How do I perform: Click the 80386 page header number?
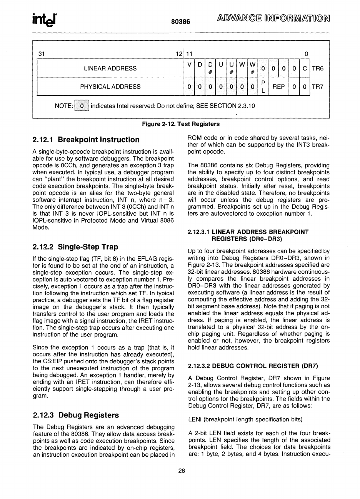coord(180,22)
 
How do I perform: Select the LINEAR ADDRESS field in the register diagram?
coord(110,68)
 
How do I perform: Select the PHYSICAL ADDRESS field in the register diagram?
coord(110,86)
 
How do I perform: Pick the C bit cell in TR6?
coord(305,68)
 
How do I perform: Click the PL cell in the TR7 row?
coord(263,86)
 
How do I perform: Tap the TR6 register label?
coord(318,68)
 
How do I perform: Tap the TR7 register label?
coord(318,86)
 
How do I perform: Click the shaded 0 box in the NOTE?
coord(82,105)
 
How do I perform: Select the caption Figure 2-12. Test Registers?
coord(181,124)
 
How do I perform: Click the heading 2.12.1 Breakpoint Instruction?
coord(86,140)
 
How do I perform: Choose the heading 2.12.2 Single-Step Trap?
coord(75,246)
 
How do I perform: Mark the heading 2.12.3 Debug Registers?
coord(76,415)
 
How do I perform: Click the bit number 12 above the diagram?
coord(178,54)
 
